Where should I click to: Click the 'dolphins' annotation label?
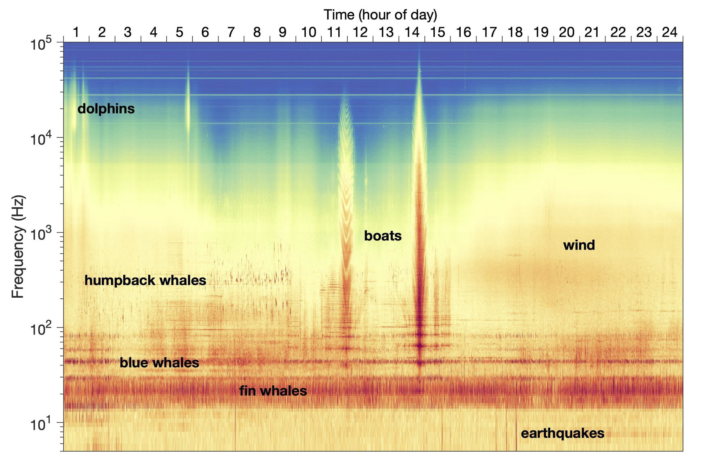click(106, 109)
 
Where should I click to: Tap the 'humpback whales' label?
click(145, 280)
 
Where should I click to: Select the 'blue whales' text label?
click(159, 363)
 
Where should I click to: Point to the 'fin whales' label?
click(273, 391)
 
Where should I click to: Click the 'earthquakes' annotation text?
click(562, 433)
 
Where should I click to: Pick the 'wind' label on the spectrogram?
click(579, 245)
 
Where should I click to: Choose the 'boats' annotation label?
click(383, 236)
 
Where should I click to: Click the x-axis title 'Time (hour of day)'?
click(380, 15)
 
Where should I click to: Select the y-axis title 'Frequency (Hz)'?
click(18, 247)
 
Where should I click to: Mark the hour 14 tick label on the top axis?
click(412, 32)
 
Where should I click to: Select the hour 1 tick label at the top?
click(76, 32)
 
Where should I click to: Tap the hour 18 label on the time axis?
click(515, 32)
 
